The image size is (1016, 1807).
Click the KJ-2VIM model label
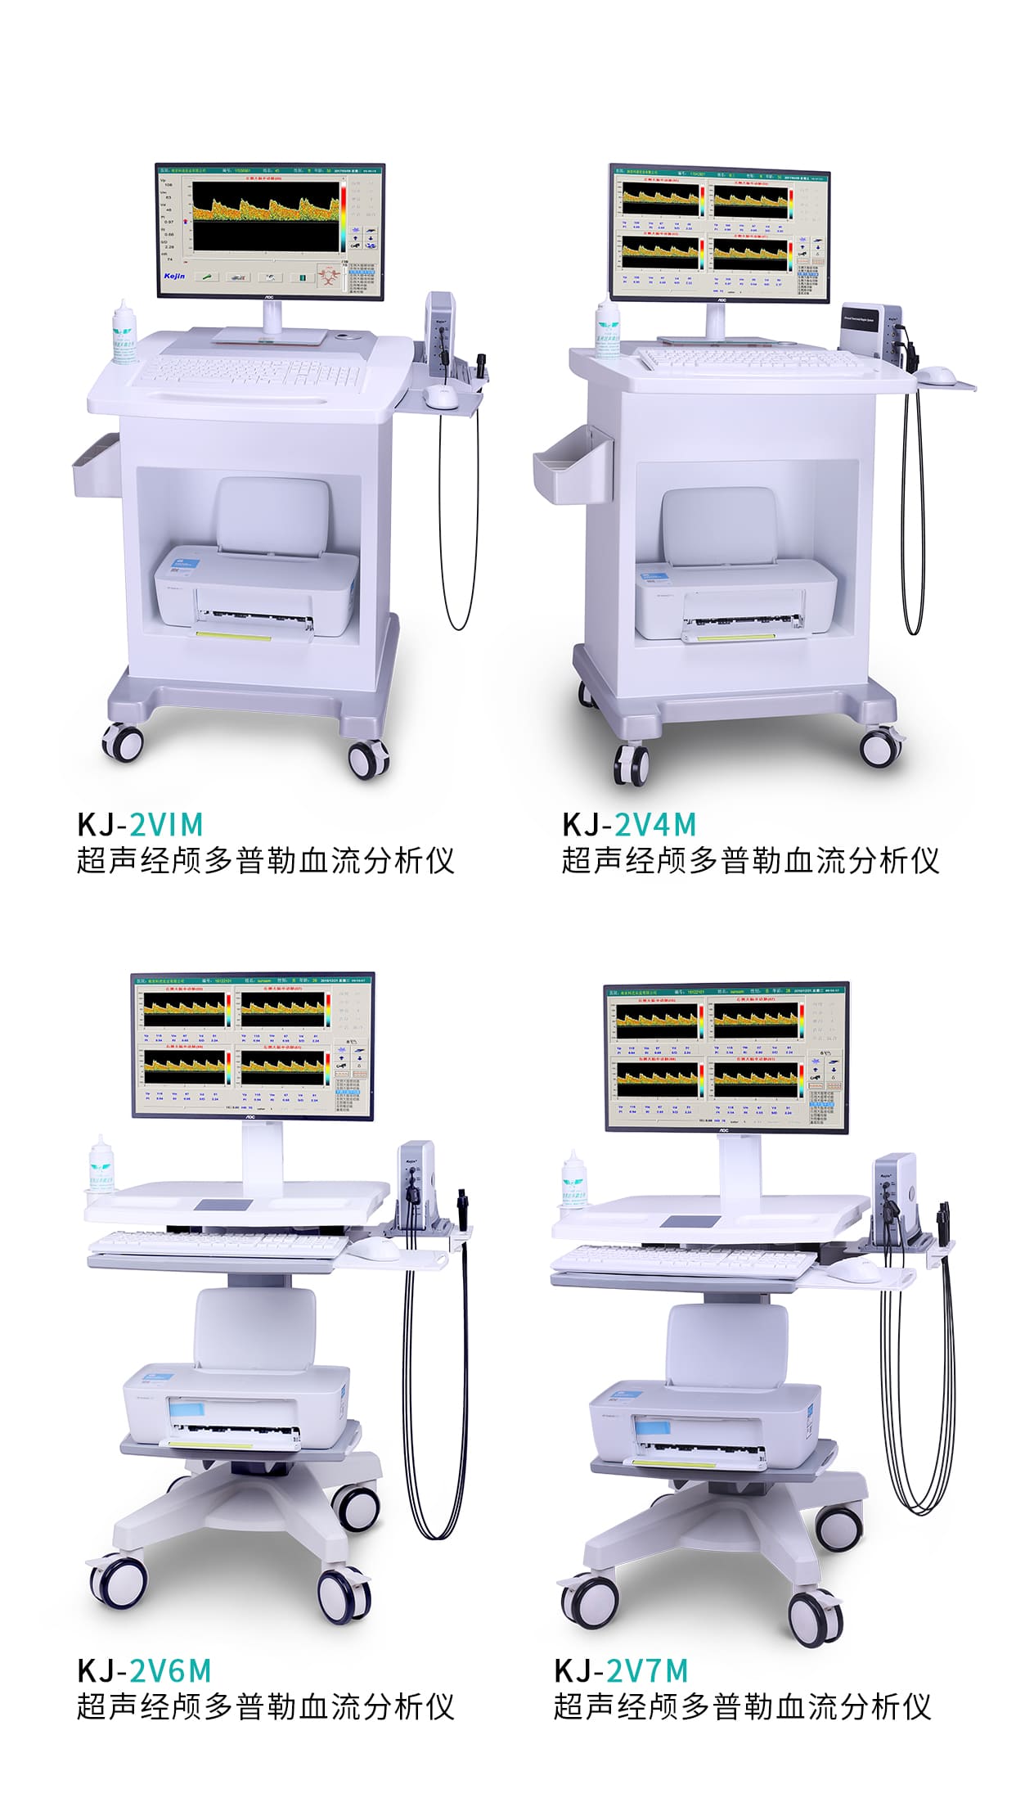coord(140,824)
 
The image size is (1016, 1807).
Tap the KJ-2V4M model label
coord(628,824)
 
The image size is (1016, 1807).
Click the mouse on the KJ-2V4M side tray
coord(937,375)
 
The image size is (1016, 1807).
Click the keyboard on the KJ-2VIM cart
coord(250,373)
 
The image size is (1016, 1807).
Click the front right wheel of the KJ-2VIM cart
coord(367,757)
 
